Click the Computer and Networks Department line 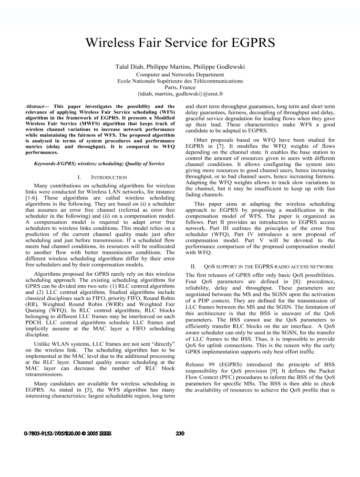pyautogui.click(x=180, y=74)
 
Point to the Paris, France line pyautogui.click(x=180, y=88)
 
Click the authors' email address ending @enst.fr pyautogui.click(x=180, y=94)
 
